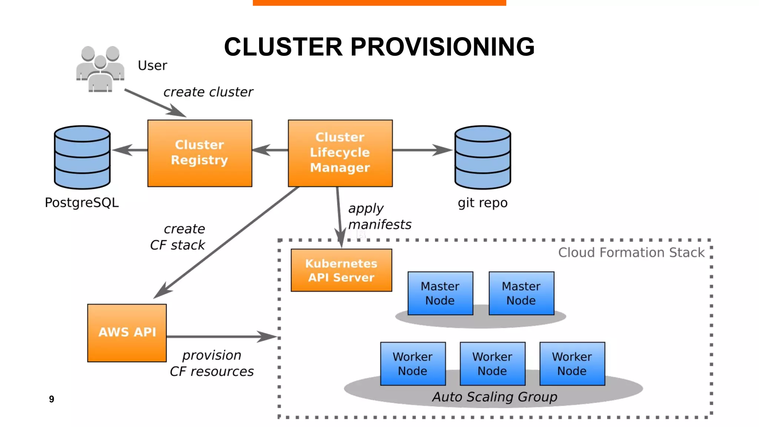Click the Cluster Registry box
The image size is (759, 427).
point(199,153)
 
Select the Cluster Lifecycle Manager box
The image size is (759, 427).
point(340,153)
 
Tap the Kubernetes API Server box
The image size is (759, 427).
point(341,270)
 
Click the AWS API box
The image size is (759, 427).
point(127,332)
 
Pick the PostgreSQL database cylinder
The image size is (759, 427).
point(82,157)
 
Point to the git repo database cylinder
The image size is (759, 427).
point(483,157)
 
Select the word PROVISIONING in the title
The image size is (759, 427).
point(443,47)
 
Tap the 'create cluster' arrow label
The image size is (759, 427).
point(208,92)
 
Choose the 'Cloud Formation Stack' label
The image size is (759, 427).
point(631,252)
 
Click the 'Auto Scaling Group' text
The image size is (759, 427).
point(494,397)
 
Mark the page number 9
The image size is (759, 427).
point(52,399)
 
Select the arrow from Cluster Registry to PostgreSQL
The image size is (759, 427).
point(129,150)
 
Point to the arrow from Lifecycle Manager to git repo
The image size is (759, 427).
point(422,150)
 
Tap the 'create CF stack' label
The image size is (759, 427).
point(178,237)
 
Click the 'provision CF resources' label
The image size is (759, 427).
point(212,363)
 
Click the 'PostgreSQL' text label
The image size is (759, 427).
point(82,203)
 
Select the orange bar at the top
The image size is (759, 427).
point(379,3)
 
